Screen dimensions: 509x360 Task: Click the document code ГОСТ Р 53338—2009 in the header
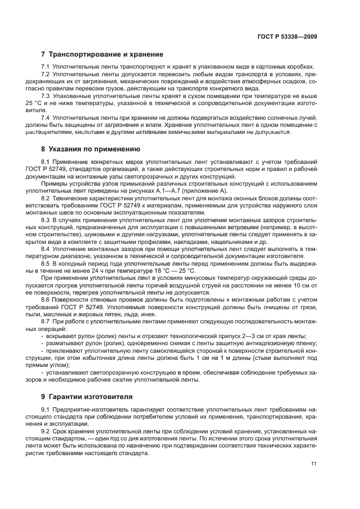tap(287, 36)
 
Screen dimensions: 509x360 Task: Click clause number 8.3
tap(46, 219)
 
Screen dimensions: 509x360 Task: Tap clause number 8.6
tap(46, 299)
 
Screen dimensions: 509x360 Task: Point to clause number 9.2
tap(46, 431)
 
